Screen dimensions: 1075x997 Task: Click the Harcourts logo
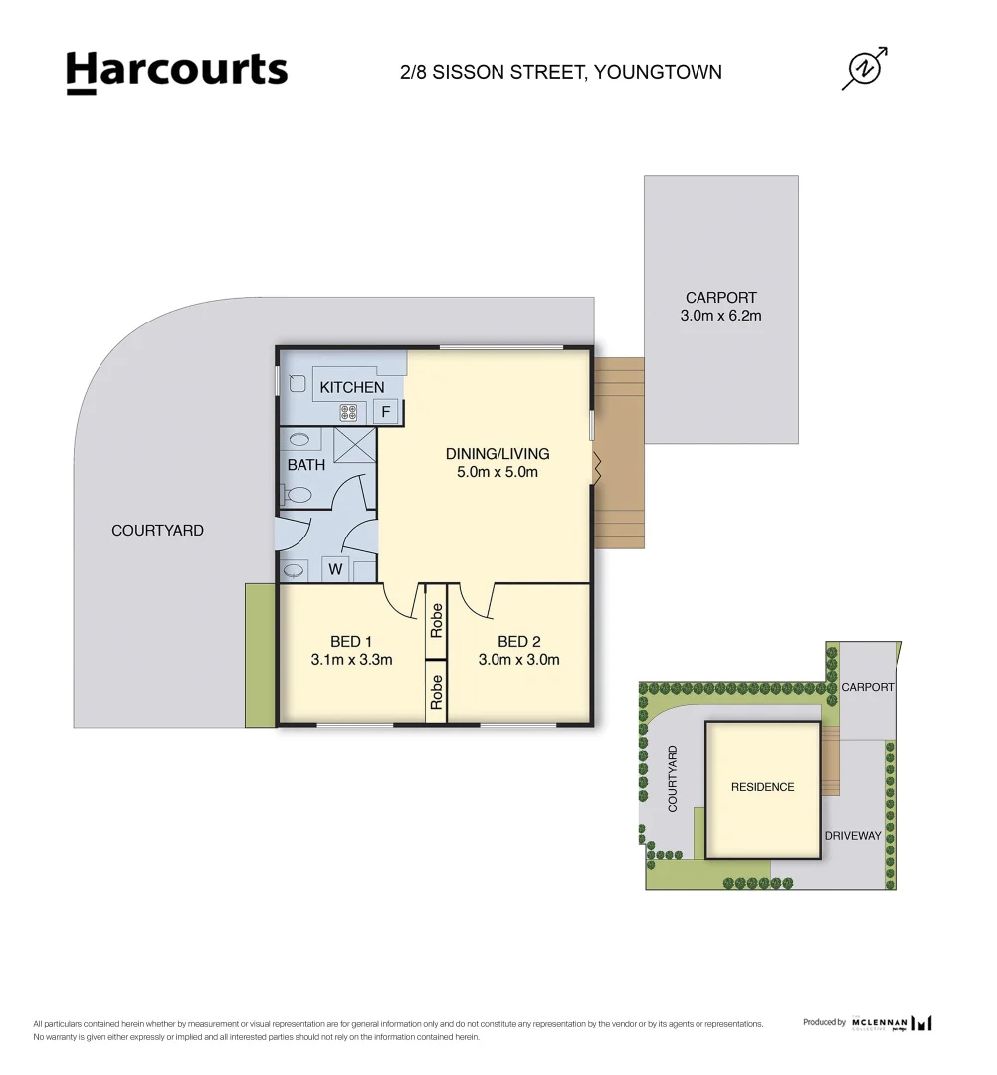pyautogui.click(x=176, y=72)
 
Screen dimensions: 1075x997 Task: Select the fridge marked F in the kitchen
pyautogui.click(x=387, y=412)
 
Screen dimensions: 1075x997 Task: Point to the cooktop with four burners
pyautogui.click(x=349, y=411)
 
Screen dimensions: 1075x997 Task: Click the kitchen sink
pyautogui.click(x=296, y=382)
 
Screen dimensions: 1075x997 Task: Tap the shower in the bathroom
pyautogui.click(x=355, y=443)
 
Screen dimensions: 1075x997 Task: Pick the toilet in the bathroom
pyautogui.click(x=298, y=494)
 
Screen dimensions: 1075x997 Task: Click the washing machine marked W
pyautogui.click(x=335, y=570)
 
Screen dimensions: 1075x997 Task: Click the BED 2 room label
pyautogui.click(x=518, y=641)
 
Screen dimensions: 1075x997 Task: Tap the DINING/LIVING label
pyautogui.click(x=497, y=454)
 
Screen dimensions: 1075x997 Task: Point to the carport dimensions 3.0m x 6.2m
pyautogui.click(x=720, y=316)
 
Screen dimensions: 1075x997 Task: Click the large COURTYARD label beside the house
pyautogui.click(x=157, y=531)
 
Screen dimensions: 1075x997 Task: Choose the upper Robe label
pyautogui.click(x=436, y=621)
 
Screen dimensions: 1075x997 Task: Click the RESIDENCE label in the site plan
pyautogui.click(x=762, y=787)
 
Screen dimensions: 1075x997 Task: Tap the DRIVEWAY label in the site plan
pyautogui.click(x=852, y=836)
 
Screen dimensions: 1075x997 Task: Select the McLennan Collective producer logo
pyautogui.click(x=892, y=1022)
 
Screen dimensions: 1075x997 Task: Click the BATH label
pyautogui.click(x=305, y=465)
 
